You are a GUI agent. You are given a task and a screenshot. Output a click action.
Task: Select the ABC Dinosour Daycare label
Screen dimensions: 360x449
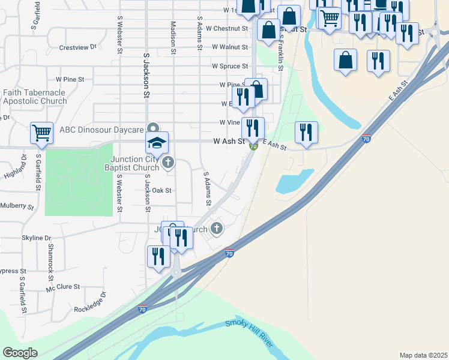click(x=102, y=130)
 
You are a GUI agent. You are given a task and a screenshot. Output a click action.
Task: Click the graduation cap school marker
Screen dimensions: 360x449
click(x=157, y=143)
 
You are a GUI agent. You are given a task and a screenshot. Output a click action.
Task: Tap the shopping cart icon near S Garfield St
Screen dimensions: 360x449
click(x=41, y=133)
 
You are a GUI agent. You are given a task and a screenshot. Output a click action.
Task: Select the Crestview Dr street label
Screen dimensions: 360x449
click(x=78, y=47)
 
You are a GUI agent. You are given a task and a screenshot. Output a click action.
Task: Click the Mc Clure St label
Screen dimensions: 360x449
click(x=63, y=287)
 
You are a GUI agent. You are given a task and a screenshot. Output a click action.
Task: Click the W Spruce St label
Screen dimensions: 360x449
click(x=230, y=66)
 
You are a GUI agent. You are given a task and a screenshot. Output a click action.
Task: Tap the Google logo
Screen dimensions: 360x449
click(x=20, y=353)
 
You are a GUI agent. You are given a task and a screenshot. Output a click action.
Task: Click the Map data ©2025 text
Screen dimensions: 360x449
click(x=423, y=355)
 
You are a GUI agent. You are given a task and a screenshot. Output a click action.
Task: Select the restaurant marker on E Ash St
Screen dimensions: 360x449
click(x=306, y=132)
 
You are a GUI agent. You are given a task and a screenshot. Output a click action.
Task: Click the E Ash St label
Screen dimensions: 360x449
click(x=274, y=145)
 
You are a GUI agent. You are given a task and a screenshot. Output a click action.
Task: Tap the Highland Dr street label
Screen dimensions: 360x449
click(x=16, y=167)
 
